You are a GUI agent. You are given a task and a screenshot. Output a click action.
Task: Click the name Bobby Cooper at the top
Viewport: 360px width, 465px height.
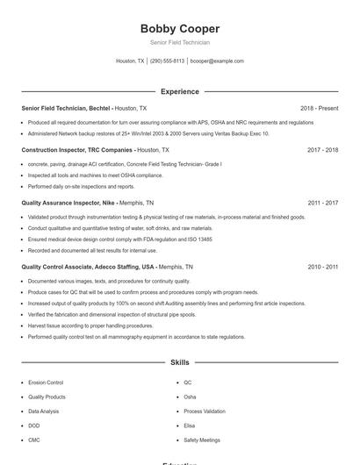pos(179,28)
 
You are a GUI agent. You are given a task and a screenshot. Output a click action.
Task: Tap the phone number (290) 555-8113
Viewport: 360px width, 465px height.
pos(167,61)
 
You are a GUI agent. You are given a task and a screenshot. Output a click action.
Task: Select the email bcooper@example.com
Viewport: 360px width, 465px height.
pos(217,61)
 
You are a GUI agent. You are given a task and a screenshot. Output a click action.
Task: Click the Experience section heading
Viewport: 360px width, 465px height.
pos(179,91)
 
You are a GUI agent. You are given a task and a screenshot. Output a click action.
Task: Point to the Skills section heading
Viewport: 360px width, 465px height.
pos(179,361)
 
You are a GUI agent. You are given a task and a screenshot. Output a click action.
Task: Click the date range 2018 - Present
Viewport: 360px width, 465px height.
pos(319,108)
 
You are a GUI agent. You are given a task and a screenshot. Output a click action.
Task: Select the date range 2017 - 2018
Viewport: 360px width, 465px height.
pos(322,150)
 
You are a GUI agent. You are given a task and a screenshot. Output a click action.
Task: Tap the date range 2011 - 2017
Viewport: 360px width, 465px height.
pos(322,202)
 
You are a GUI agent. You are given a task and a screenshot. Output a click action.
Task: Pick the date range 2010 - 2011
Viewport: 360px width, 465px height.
pos(322,267)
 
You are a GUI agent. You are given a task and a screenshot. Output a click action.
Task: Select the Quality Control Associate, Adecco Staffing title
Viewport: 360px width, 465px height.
pos(88,267)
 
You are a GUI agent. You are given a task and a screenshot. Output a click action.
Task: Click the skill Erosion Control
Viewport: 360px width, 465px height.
pos(46,383)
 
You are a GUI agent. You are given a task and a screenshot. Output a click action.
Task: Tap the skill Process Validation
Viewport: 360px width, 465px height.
pos(204,411)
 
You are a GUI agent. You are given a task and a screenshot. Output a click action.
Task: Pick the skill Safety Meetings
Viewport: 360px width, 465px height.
pos(202,440)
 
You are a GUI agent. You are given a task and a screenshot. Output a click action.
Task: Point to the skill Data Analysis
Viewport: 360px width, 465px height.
pos(44,411)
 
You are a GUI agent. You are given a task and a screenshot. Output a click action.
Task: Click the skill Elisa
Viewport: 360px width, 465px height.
pos(190,426)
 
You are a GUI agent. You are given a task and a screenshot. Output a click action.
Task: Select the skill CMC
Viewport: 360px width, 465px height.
pos(34,440)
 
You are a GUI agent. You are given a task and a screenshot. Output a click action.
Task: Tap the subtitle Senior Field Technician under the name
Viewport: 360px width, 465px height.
pos(179,42)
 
